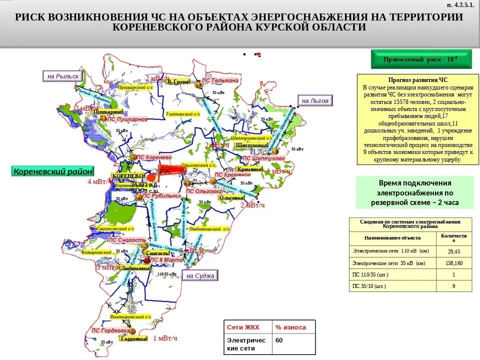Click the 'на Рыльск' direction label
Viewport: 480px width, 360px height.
[x=63, y=76]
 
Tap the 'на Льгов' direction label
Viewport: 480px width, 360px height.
[x=314, y=100]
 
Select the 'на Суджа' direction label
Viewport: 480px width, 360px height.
[x=200, y=275]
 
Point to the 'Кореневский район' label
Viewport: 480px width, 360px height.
[x=52, y=171]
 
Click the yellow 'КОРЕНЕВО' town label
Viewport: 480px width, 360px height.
[x=127, y=176]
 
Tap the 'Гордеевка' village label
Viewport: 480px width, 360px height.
[x=133, y=338]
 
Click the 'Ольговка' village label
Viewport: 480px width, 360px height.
[x=231, y=198]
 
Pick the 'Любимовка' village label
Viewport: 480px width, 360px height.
[x=135, y=268]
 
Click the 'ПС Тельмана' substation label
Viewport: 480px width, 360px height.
[x=220, y=80]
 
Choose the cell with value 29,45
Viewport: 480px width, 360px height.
[x=454, y=251]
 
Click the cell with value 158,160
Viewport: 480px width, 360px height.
[x=454, y=263]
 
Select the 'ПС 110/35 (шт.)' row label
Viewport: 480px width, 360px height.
[x=370, y=274]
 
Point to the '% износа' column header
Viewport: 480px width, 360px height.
[x=293, y=327]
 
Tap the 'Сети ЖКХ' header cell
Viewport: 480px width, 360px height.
[x=247, y=327]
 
